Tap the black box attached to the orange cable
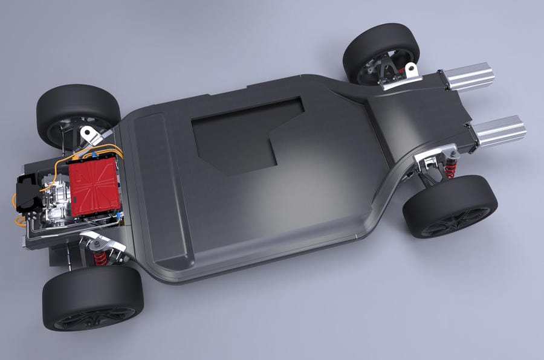click(x=27, y=192)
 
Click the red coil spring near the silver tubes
click(x=450, y=169)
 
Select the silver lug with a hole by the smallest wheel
click(x=411, y=71)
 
